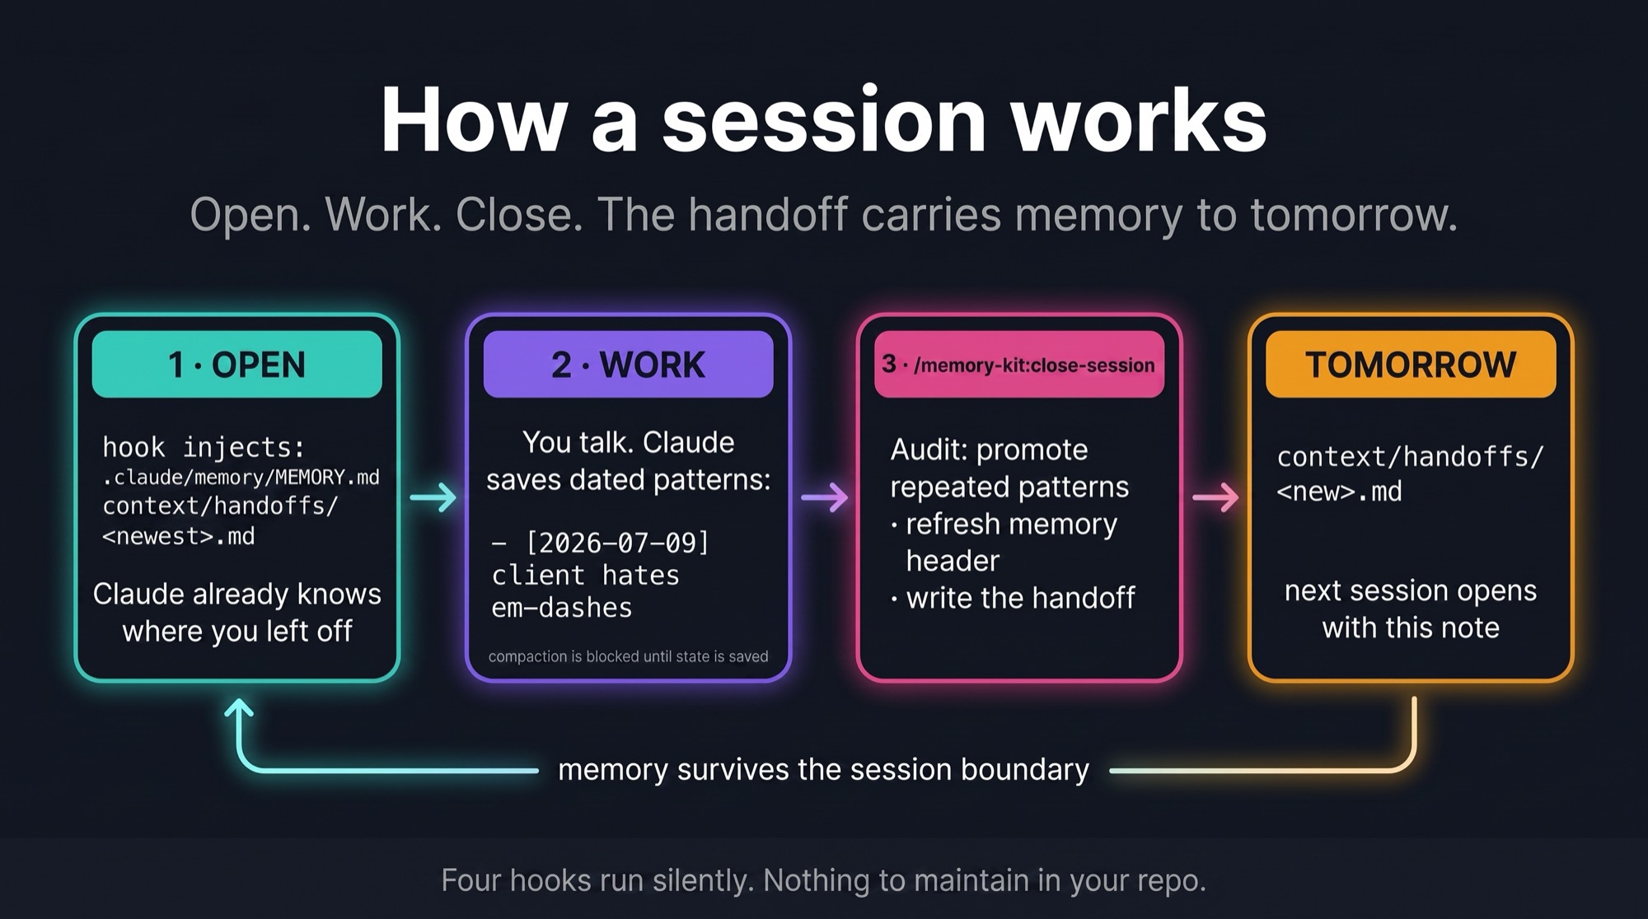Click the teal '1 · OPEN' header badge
[x=237, y=364]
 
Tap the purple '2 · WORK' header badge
[x=628, y=364]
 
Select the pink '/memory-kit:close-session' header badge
[x=1019, y=364]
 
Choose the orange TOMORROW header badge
[x=1411, y=364]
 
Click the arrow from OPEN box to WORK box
[x=433, y=497]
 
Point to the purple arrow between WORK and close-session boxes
[x=825, y=497]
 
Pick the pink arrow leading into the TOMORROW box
[x=1216, y=497]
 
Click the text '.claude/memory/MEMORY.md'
[x=241, y=478]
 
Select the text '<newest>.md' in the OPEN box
[x=179, y=536]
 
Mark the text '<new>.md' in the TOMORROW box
[x=1339, y=492]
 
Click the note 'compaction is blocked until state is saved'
[x=628, y=656]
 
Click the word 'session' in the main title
[x=824, y=120]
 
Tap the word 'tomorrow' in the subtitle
[x=1354, y=215]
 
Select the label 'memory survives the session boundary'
[x=823, y=769]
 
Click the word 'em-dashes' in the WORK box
[x=562, y=608]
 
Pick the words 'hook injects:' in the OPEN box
[x=204, y=447]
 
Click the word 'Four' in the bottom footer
[x=471, y=880]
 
